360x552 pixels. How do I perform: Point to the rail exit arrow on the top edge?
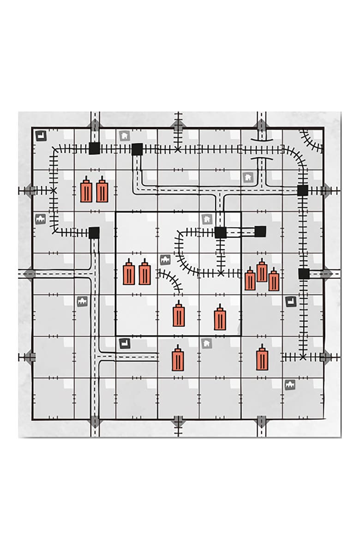[x=178, y=125]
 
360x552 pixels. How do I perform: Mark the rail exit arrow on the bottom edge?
[x=178, y=421]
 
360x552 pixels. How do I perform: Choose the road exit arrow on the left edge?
[x=30, y=273]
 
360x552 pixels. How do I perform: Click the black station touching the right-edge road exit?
[x=303, y=274]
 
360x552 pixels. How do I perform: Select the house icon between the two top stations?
[x=124, y=136]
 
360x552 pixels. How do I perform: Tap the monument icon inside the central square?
[x=165, y=260]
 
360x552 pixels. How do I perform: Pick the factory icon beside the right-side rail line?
[x=290, y=301]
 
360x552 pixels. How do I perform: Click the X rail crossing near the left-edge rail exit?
[x=54, y=190]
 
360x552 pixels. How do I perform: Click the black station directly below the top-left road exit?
[x=94, y=149]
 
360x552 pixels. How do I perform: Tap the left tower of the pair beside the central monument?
[x=129, y=273]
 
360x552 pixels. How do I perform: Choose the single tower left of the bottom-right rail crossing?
[x=262, y=358]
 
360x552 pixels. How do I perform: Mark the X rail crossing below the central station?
[x=221, y=273]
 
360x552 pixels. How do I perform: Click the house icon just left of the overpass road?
[x=247, y=177]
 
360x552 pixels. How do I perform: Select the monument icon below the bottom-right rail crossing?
[x=290, y=384]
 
